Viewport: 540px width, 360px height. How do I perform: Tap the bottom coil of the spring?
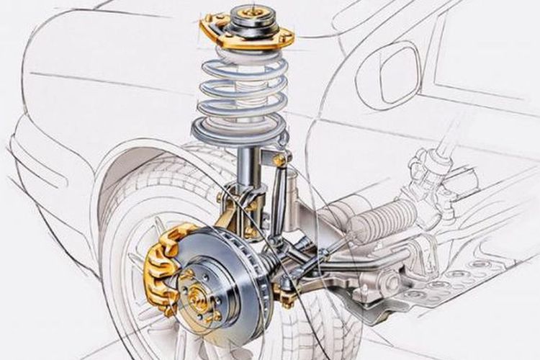(x=238, y=134)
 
